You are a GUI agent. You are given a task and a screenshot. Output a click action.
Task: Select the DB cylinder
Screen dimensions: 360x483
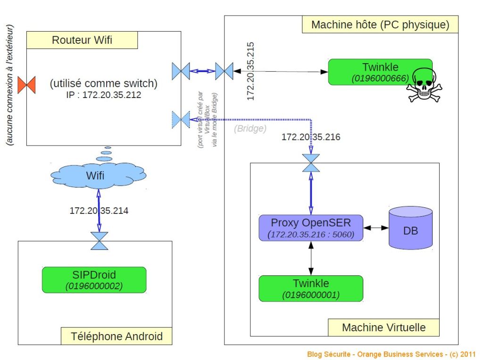(410, 228)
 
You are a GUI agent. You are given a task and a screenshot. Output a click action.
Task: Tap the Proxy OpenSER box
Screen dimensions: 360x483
(311, 228)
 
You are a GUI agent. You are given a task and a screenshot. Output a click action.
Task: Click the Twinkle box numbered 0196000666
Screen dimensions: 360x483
(380, 72)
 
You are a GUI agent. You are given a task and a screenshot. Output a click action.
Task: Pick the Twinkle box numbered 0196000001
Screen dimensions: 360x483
(311, 288)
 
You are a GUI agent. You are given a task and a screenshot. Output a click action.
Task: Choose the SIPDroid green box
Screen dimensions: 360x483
(94, 280)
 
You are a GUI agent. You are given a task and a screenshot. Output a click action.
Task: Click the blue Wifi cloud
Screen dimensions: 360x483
(99, 176)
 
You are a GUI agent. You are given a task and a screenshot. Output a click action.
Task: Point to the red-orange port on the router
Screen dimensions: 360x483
(26, 85)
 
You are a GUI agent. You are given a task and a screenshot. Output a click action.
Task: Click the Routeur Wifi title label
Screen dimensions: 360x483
(82, 41)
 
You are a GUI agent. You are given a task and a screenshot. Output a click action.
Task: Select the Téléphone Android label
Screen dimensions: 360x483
(117, 336)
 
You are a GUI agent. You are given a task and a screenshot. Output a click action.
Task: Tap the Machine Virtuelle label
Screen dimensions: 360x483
(383, 327)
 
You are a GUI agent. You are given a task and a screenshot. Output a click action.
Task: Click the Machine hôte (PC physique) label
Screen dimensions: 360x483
(380, 25)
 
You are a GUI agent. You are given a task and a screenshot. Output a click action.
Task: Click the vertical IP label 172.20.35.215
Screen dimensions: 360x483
(250, 71)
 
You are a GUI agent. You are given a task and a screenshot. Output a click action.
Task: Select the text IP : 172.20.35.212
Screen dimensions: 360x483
(104, 95)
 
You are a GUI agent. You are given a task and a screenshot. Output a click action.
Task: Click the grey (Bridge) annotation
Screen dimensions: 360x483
(250, 128)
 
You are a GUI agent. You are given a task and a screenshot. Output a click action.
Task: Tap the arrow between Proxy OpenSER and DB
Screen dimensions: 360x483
(375, 228)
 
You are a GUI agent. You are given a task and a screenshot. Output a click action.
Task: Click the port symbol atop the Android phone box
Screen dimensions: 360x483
(99, 240)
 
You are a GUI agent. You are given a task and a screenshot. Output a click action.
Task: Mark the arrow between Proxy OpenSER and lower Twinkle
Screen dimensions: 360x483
(311, 258)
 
